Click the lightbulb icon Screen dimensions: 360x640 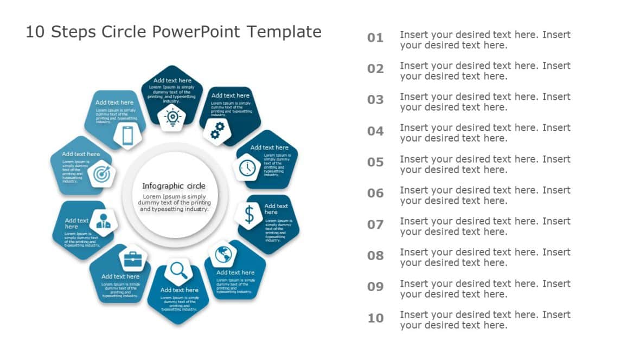pos(172,117)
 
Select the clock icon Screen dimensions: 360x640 pos(247,168)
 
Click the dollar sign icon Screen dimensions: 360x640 pos(249,215)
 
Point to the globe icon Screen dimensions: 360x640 pos(222,254)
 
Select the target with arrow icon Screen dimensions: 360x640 pos(101,174)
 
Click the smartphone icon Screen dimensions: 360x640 pos(127,136)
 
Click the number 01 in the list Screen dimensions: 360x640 pos(375,38)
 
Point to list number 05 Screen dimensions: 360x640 pos(375,163)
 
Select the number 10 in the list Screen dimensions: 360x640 pos(375,318)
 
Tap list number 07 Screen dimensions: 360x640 pos(375,224)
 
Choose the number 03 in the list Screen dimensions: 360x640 pos(375,100)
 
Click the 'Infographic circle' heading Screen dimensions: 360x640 pos(174,186)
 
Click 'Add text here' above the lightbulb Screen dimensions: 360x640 pos(172,81)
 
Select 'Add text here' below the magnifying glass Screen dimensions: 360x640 pos(179,290)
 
